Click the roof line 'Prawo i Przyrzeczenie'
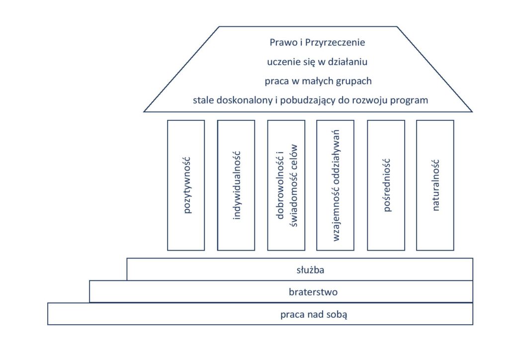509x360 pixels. click(317, 43)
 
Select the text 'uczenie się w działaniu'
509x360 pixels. click(317, 62)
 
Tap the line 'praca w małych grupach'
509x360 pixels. click(318, 81)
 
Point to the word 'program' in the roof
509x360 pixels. click(409, 100)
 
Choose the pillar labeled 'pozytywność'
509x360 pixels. click(186, 185)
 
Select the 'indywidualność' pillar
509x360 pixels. click(236, 185)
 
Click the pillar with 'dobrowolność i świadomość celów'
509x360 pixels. click(286, 185)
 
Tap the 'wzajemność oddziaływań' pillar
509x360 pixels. click(336, 185)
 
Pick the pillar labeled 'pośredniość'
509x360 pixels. click(386, 185)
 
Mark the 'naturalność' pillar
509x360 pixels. click(435, 185)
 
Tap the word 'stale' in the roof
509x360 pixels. click(204, 99)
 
